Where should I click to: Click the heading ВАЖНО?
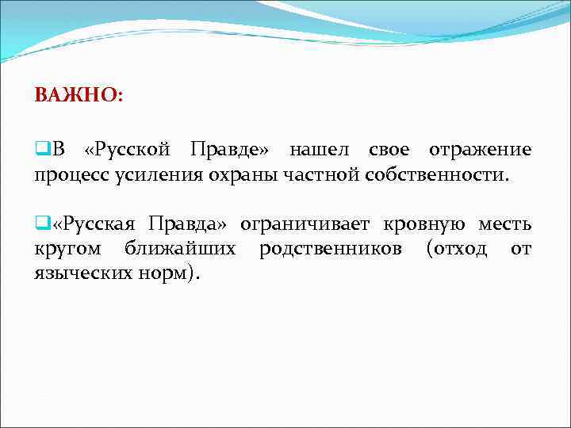point(79,95)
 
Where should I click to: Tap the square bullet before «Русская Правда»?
point(40,224)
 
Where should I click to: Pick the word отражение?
point(480,151)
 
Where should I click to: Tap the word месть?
point(504,224)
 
